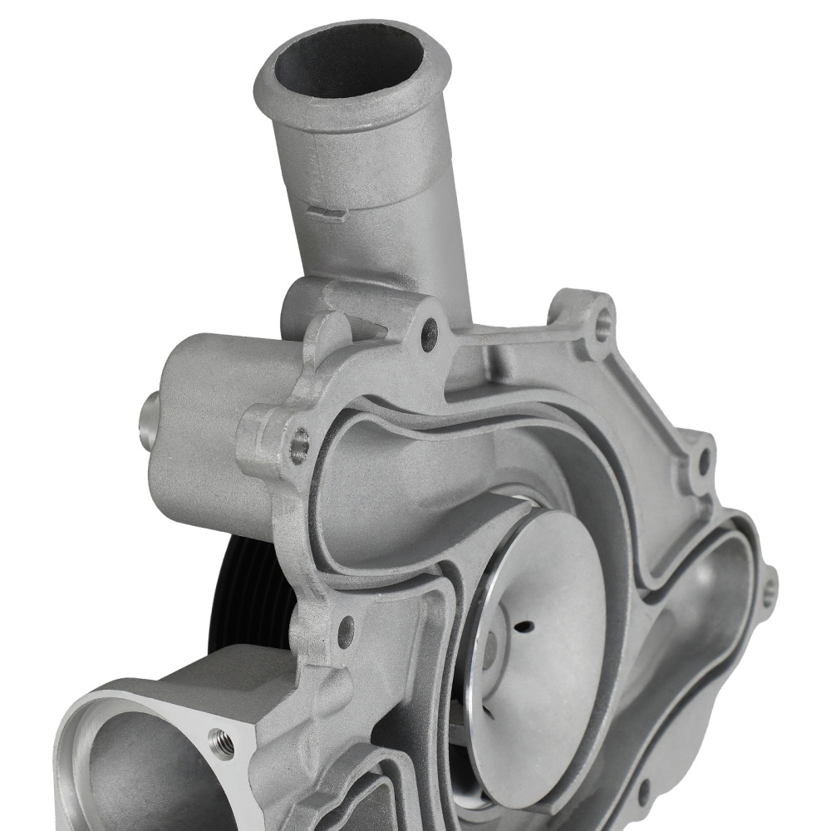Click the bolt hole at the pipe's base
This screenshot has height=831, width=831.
point(430,333)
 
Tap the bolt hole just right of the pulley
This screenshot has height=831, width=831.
point(346,632)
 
